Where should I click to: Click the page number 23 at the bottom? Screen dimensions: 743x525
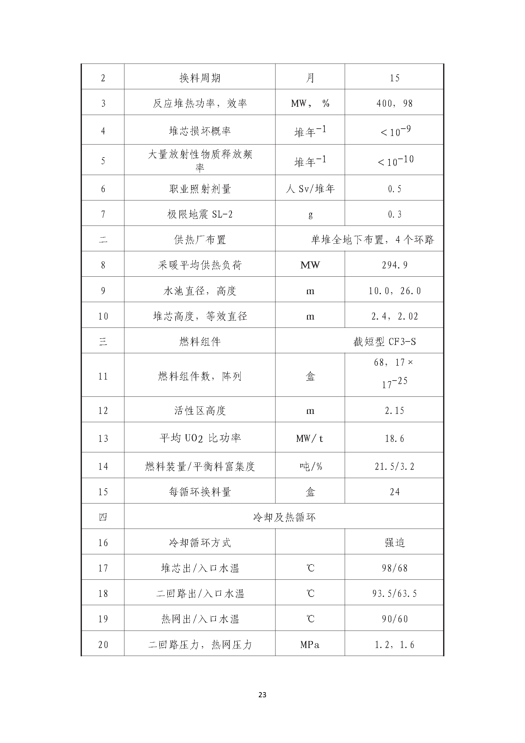262,695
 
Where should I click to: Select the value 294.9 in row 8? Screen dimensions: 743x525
395,265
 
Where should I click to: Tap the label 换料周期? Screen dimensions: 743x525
200,78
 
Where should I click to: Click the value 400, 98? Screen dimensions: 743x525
395,104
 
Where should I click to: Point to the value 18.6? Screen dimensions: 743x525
395,438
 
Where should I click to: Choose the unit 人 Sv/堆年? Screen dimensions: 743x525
310,189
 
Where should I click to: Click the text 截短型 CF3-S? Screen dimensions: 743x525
384,342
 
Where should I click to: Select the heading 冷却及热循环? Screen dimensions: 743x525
284,517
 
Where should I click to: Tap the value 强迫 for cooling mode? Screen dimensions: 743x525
395,543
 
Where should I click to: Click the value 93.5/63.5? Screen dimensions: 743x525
395,593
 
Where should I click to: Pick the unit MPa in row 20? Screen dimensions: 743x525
310,645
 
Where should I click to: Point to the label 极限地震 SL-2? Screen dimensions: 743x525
200,214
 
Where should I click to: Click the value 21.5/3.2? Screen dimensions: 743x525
395,466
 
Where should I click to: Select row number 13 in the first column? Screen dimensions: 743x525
103,438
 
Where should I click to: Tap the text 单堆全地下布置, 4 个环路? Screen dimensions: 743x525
372,240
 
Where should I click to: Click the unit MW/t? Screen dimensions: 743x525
310,438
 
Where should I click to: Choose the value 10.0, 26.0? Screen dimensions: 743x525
395,291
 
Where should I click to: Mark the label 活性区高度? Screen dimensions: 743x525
200,411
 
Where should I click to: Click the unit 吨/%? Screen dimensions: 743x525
310,466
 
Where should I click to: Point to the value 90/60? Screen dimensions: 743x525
395,619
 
